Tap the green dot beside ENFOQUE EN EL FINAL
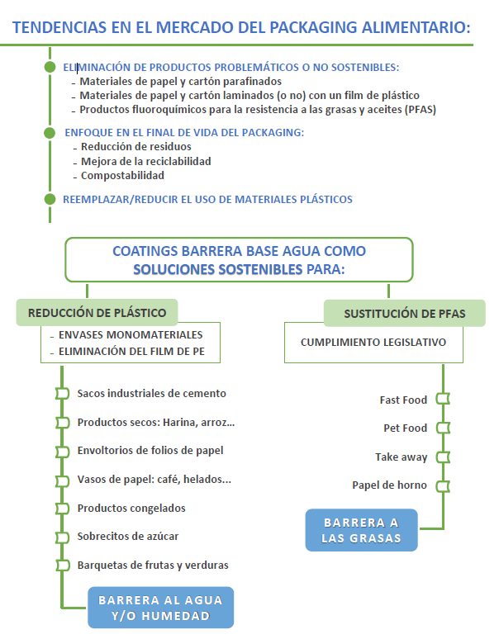click(50, 132)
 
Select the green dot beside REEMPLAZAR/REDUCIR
click(50, 198)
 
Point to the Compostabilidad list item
click(122, 175)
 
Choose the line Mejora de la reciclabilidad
click(145, 161)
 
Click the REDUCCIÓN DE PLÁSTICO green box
click(97, 313)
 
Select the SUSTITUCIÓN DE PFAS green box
click(404, 314)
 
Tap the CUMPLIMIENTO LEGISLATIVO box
click(373, 342)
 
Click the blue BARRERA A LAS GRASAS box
click(361, 530)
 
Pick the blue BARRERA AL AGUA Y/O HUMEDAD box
click(160, 608)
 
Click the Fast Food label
click(403, 400)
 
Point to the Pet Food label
click(405, 428)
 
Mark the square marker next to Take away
click(443, 457)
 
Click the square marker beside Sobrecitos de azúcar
click(61, 537)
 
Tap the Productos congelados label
click(131, 508)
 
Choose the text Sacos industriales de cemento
click(151, 394)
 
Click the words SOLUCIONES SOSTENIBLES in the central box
click(218, 269)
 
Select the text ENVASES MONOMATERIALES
click(131, 335)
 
